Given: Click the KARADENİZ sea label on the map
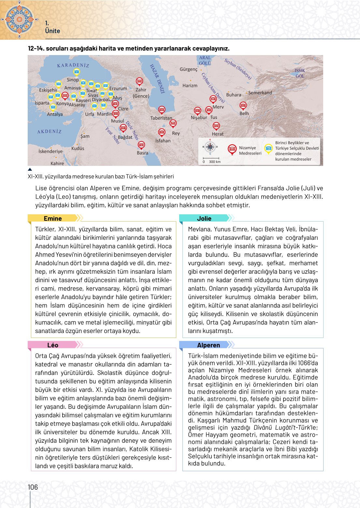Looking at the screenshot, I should (x=73, y=65).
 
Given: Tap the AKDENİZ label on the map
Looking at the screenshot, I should (x=49, y=132).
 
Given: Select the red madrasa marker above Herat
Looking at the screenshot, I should (x=216, y=126).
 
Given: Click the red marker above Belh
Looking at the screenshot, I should (x=243, y=106).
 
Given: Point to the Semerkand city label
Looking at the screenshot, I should (x=260, y=93).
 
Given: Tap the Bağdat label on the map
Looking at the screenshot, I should (x=125, y=137).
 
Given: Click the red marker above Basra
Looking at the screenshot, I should (x=141, y=145).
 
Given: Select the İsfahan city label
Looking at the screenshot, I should (x=163, y=141).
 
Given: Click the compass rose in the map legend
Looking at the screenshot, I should (x=210, y=147).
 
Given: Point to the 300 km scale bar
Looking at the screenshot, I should (x=211, y=159).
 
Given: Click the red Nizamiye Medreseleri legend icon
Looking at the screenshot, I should (x=232, y=149).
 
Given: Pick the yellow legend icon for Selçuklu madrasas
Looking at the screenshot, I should (x=268, y=149).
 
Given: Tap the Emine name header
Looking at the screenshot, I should (x=53, y=218).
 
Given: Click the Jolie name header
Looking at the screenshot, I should (x=204, y=218).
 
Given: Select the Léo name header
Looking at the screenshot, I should (x=53, y=345).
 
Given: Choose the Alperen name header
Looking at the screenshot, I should (x=209, y=345).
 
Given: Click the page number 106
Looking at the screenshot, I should (x=33, y=487).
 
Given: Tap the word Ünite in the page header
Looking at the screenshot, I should (x=52, y=31).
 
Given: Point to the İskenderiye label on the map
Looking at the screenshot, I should (x=50, y=152).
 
